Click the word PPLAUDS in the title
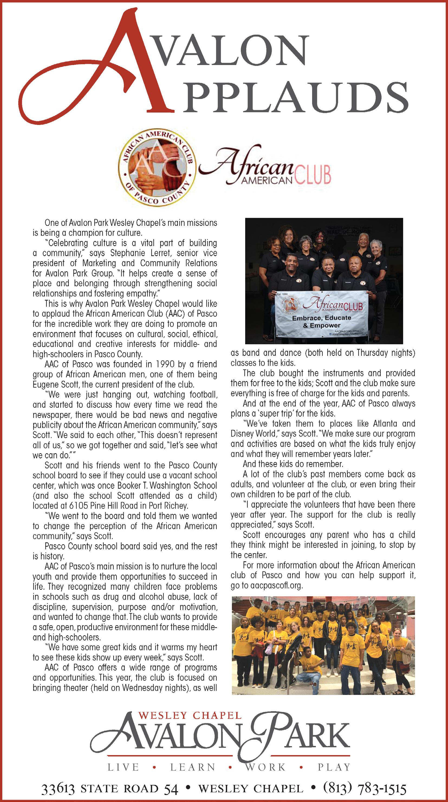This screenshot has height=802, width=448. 296,97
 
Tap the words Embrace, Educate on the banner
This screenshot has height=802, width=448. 322,318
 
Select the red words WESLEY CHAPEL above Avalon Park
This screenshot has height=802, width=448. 190,716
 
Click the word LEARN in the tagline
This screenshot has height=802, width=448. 193,767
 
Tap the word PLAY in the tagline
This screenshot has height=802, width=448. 334,767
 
